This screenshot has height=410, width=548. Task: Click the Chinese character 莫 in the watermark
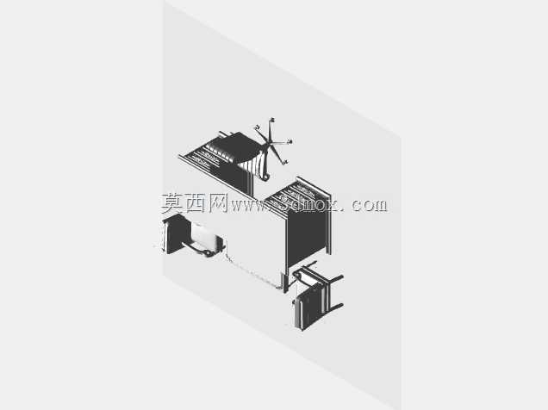click(172, 203)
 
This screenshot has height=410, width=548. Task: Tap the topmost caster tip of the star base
click(272, 121)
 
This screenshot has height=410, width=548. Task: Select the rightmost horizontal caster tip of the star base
click(290, 142)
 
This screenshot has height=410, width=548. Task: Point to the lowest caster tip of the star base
click(285, 163)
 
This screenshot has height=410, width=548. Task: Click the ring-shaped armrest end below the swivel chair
click(265, 177)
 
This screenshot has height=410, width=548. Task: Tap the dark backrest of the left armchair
click(176, 233)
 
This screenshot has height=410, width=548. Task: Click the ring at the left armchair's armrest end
click(208, 253)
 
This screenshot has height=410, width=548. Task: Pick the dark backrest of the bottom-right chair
click(308, 308)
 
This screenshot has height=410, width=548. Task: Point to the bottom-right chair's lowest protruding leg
click(335, 308)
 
